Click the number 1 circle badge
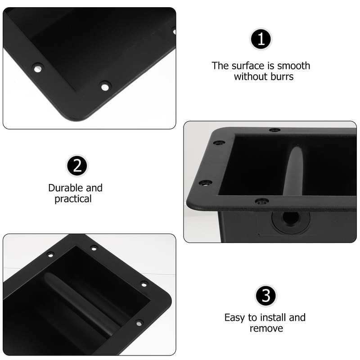(x=261, y=39)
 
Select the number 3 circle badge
(x=266, y=296)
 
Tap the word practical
(x=73, y=199)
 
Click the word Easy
(x=235, y=317)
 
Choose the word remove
(x=266, y=328)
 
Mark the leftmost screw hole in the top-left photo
(x=37, y=68)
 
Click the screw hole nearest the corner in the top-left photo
(x=105, y=85)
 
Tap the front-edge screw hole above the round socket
(x=262, y=201)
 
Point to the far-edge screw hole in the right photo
(x=274, y=130)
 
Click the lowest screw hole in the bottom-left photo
(x=139, y=323)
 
